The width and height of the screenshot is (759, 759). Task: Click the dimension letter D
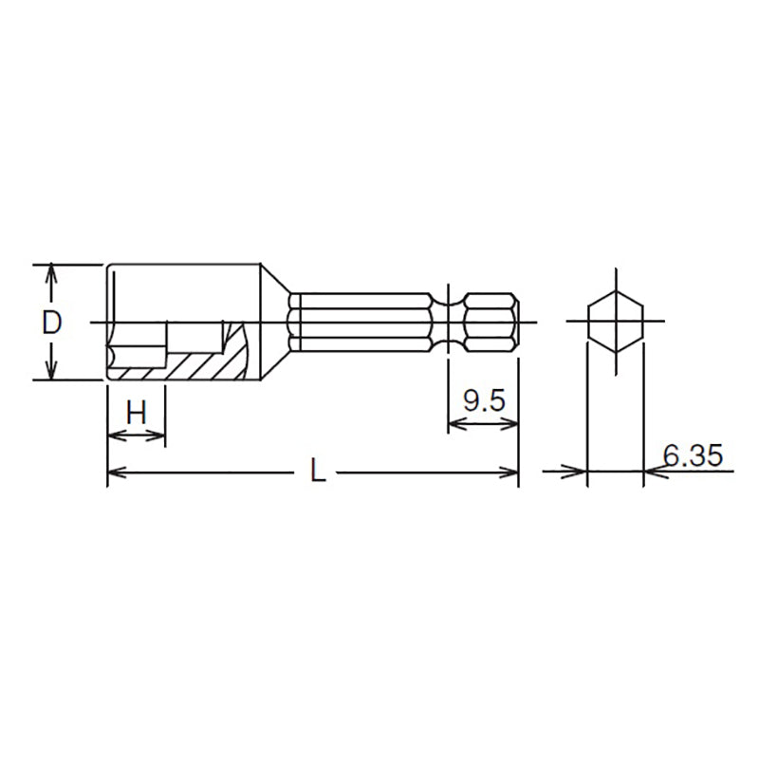pos(52,323)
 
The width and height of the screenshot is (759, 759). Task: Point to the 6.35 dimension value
pos(693,456)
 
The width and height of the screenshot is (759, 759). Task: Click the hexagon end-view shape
pos(616,323)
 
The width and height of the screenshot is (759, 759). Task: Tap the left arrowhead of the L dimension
pos(115,472)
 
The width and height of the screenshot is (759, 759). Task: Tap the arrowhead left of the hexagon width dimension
pos(578,471)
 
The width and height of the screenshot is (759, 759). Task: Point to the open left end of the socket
pos(107,323)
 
